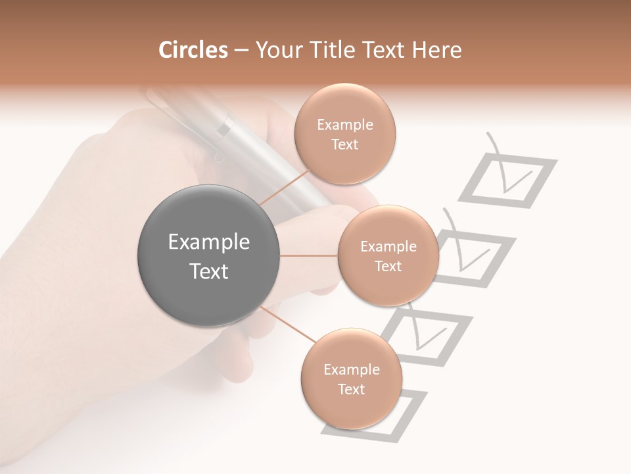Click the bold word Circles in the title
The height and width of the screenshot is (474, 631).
pyautogui.click(x=193, y=50)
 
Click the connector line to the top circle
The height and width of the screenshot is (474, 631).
pyautogui.click(x=284, y=187)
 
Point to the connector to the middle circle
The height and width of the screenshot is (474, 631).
pyautogui.click(x=309, y=255)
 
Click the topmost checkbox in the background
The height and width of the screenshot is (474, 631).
pyautogui.click(x=507, y=182)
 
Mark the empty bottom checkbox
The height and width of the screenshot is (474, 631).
pyautogui.click(x=394, y=415)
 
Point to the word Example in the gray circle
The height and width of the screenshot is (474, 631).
pyautogui.click(x=209, y=242)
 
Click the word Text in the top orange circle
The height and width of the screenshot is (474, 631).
pyautogui.click(x=344, y=144)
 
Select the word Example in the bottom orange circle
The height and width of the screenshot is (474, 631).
pyautogui.click(x=351, y=369)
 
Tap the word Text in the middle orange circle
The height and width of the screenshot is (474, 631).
pyautogui.click(x=388, y=266)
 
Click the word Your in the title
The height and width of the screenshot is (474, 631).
pyautogui.click(x=275, y=50)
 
